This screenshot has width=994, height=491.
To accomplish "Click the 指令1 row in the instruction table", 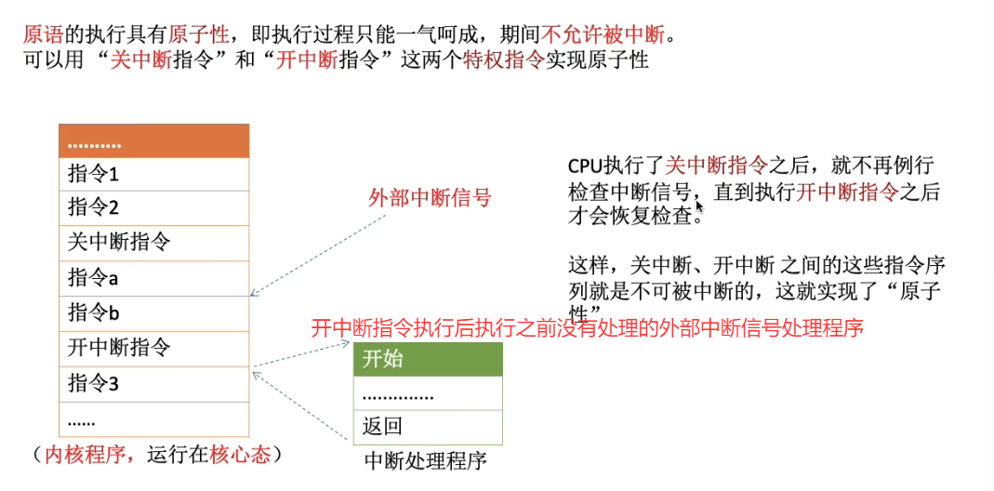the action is pos(154,175).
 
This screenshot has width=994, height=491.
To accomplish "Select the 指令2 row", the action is pos(154,208).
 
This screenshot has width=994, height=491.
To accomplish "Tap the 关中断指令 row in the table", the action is pos(154,243).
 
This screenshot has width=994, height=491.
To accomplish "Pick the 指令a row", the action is pos(154,278).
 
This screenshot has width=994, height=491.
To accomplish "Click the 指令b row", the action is pos(154,312).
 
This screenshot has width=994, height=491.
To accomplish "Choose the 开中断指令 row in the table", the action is pos(154,349).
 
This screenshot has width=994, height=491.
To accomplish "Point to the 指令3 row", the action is pos(154,383).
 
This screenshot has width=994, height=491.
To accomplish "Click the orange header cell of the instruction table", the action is pos(154,141).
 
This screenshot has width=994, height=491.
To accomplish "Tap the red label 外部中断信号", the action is pos(430,198).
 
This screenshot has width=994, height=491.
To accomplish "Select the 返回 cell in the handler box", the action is pos(428,428).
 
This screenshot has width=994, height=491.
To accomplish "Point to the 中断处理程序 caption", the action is pos(425,460).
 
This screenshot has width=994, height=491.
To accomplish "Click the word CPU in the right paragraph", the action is pos(586,167).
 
